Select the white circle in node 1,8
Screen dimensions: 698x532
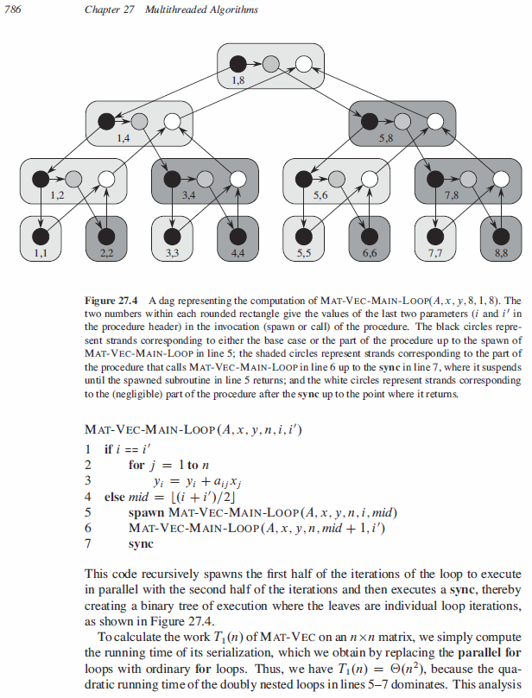pyautogui.click(x=303, y=63)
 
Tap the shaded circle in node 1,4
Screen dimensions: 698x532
pyautogui.click(x=139, y=121)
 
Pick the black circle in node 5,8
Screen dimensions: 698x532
pyautogui.click(x=369, y=121)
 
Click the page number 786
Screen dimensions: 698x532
pyautogui.click(x=13, y=10)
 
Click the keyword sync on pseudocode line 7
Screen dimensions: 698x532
pyautogui.click(x=140, y=544)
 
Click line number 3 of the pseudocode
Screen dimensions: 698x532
pyautogui.click(x=89, y=480)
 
